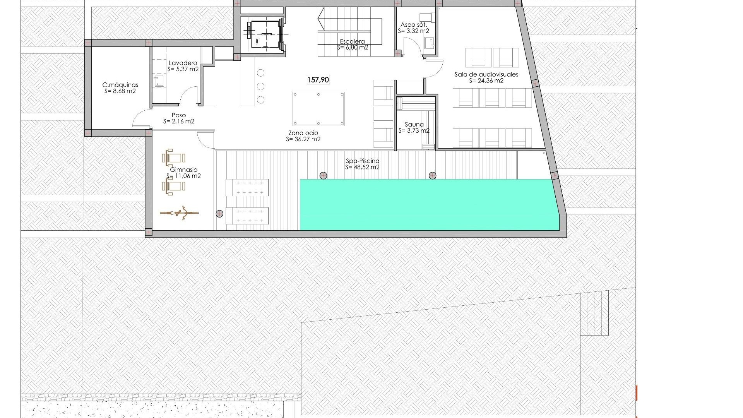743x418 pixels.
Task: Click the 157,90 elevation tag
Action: coord(318,80)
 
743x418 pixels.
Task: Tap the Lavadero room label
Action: coord(183,63)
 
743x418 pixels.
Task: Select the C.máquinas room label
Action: coord(120,85)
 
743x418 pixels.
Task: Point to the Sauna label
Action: coord(414,125)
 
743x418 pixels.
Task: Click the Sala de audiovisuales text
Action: coord(486,74)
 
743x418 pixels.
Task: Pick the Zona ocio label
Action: coord(303,133)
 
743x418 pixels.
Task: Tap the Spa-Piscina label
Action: coord(362,161)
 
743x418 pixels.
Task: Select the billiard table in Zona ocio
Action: coord(318,109)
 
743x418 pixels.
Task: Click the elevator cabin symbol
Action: coord(265,34)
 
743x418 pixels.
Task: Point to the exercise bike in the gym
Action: coord(180,213)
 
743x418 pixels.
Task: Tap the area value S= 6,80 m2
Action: coord(353,48)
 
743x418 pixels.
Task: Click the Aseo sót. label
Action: coord(413,25)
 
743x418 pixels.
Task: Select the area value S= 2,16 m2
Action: coord(178,122)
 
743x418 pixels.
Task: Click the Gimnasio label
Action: coord(184,170)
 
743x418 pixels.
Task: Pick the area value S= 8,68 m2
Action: coord(120,91)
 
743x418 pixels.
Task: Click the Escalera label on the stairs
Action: coord(352,41)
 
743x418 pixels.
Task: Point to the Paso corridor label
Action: coord(178,115)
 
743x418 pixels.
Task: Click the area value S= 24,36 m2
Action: coord(486,81)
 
